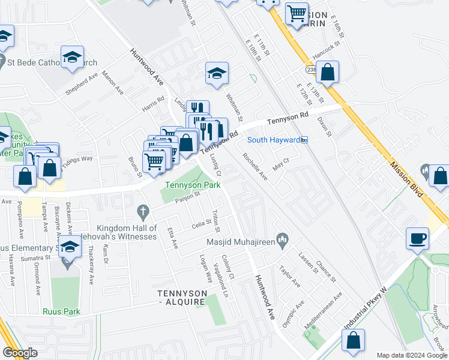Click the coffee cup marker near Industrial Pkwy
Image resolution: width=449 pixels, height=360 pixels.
point(418,238)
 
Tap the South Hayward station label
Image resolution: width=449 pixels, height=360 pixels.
point(273,140)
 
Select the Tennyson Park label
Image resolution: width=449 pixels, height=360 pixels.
point(193,185)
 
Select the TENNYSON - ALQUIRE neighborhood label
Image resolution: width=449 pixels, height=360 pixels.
point(182,297)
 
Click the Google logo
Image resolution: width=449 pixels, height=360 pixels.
point(20,353)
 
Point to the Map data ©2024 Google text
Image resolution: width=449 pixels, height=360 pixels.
point(412,355)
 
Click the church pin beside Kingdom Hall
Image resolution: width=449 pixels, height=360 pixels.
point(142,211)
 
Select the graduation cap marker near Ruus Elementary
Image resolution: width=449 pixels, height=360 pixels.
point(70,247)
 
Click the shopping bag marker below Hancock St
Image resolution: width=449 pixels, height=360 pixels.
point(327,73)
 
